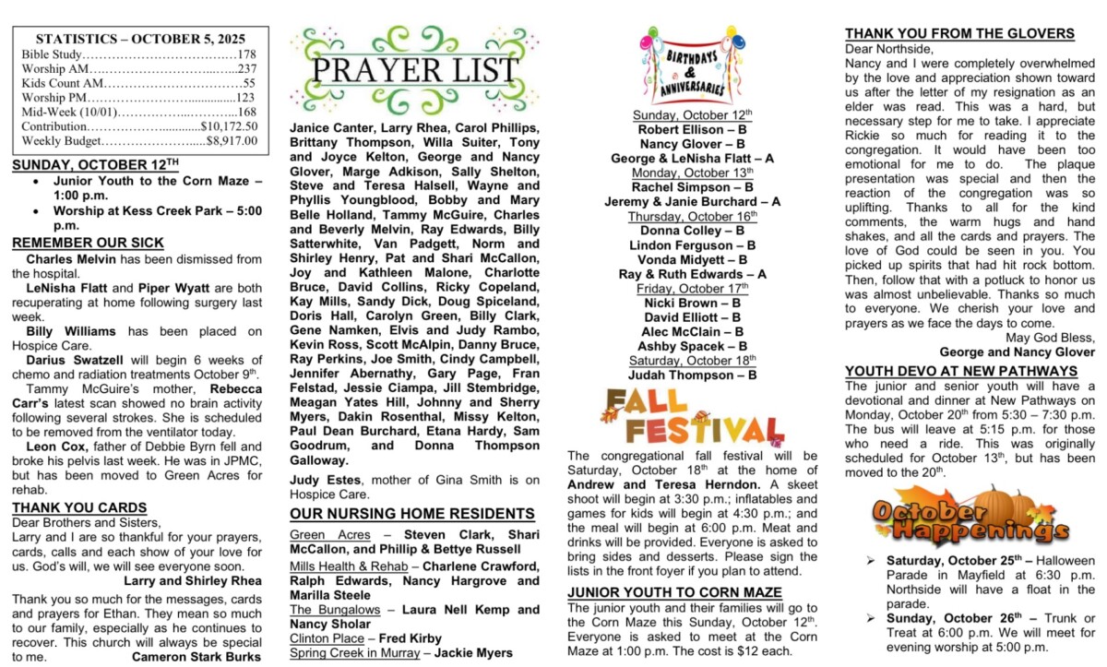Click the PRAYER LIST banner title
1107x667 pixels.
[414, 71]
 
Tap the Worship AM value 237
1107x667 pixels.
[246, 68]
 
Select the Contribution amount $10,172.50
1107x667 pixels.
[229, 126]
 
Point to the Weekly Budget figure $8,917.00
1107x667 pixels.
[232, 141]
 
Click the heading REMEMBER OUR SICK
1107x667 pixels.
[88, 243]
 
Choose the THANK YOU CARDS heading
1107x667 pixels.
[79, 507]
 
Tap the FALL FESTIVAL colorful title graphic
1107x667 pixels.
[692, 417]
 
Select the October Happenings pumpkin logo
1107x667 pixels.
[969, 516]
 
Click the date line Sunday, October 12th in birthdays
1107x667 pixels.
[693, 115]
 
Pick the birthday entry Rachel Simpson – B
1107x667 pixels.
[693, 187]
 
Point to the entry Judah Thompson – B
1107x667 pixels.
[693, 375]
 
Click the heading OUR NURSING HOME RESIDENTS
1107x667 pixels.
[412, 514]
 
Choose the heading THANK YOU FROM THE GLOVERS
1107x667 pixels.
[959, 33]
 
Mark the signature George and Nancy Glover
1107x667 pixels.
[1018, 351]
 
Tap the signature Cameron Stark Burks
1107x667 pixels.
[196, 657]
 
